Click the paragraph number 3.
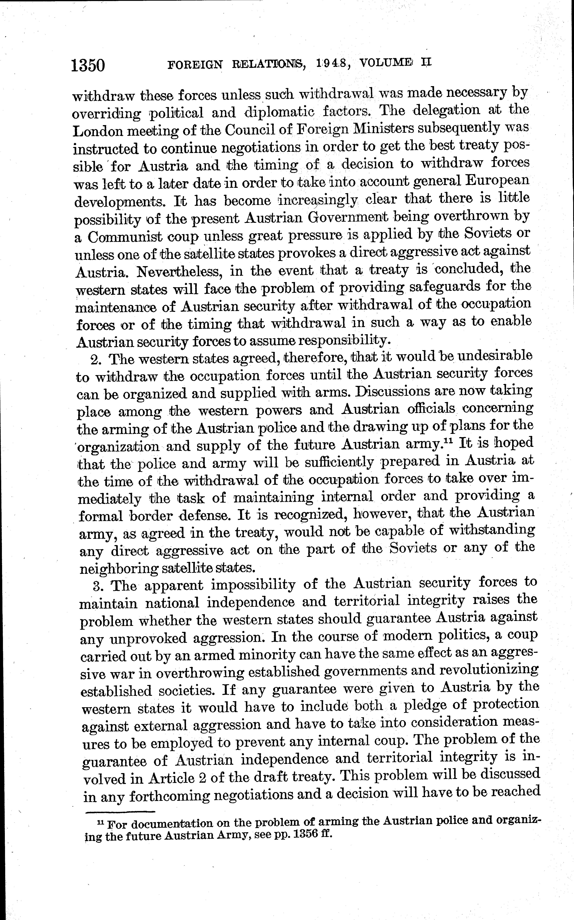98,586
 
